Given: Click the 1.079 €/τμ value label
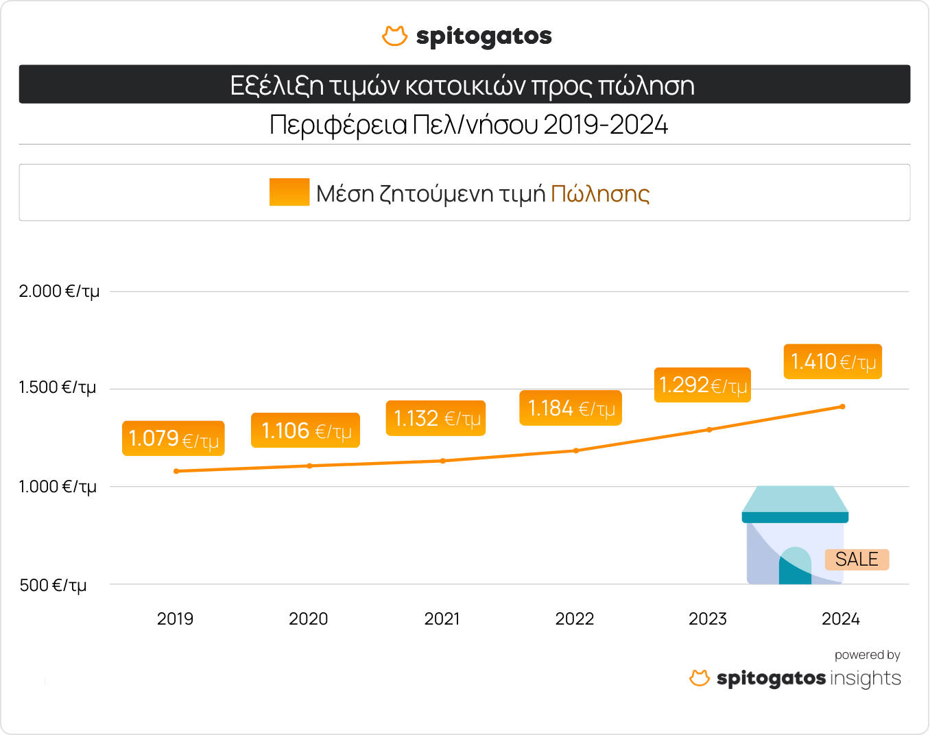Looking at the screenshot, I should (174, 438).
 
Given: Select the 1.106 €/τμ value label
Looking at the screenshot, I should (305, 431).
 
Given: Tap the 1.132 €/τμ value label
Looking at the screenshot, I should (436, 418).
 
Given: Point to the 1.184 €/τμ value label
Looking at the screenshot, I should (571, 409).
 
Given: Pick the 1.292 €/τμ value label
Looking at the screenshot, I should (702, 385).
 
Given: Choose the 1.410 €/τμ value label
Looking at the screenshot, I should (833, 362).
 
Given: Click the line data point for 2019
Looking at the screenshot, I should (176, 471).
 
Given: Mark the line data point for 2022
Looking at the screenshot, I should (576, 450).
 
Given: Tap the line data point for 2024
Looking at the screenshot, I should (842, 407).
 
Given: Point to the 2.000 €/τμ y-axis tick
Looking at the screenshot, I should (59, 291).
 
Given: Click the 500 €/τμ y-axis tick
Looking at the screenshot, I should (53, 586).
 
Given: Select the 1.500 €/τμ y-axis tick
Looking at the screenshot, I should (58, 387).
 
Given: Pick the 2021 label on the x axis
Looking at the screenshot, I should (442, 619).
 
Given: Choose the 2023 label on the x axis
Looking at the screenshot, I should (707, 619).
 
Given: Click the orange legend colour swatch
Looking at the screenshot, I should (289, 192).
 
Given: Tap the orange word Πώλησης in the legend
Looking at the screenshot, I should (600, 194).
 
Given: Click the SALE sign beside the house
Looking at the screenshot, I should (857, 559).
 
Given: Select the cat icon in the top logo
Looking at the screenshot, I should (394, 36).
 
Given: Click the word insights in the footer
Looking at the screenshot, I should (866, 678).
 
